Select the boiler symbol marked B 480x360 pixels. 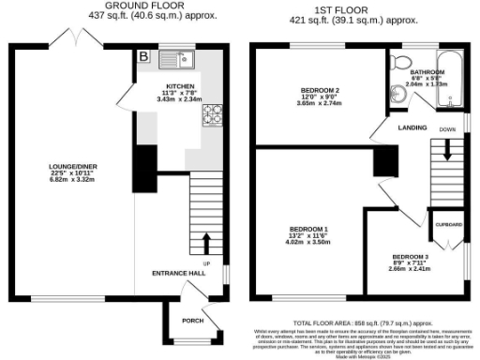(x=143, y=56)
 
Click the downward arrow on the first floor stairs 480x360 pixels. (x=447, y=149)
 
